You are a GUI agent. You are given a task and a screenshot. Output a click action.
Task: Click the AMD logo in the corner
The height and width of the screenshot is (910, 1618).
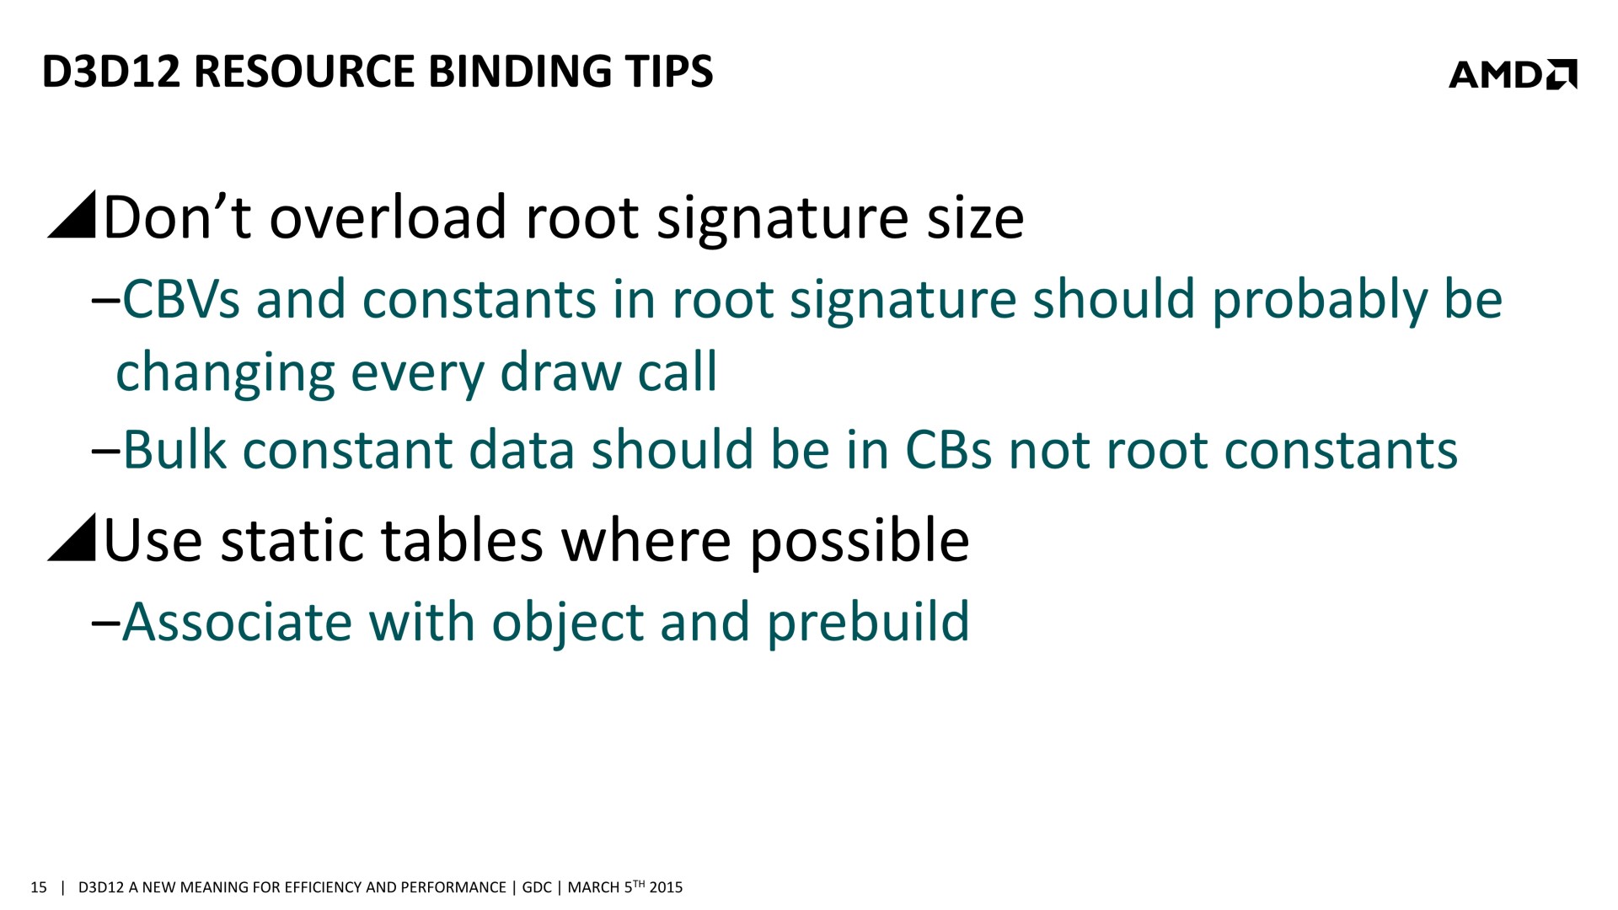point(1513,74)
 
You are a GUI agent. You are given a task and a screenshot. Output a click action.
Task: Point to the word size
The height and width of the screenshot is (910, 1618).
point(975,217)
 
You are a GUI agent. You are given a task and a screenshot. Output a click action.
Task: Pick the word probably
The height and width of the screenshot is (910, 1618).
point(1320,302)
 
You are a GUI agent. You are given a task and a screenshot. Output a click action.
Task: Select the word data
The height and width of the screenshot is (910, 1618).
point(522,450)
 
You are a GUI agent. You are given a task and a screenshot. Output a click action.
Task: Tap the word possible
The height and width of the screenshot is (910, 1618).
point(860,542)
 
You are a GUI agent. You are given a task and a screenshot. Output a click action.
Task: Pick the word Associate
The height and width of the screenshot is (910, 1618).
point(238,622)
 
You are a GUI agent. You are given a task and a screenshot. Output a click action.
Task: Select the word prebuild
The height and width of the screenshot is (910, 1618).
point(868,624)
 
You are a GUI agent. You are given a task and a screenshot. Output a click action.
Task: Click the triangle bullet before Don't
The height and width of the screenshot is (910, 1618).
point(72,216)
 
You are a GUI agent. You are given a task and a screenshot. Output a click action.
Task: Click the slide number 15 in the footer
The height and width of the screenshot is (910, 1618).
point(38,887)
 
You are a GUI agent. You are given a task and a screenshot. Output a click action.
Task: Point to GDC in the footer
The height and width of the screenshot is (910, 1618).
point(537,887)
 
